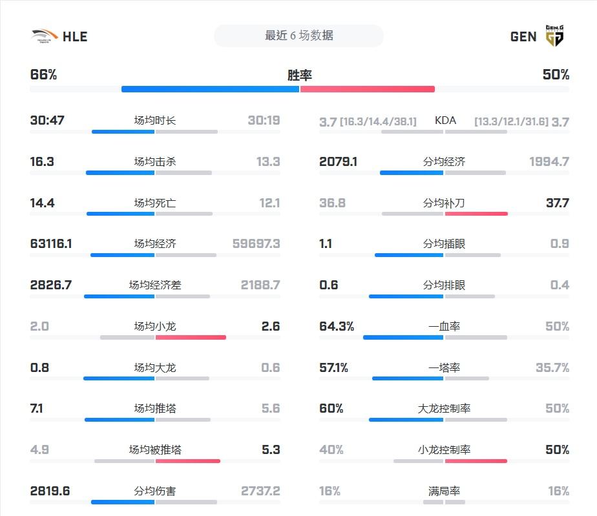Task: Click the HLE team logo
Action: click(x=44, y=36)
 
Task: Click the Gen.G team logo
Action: click(x=554, y=36)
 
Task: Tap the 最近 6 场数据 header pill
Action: click(x=298, y=36)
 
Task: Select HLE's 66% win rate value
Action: click(x=44, y=75)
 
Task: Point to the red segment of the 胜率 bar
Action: click(x=367, y=89)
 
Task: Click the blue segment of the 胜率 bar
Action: click(x=211, y=89)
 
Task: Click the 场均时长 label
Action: click(x=154, y=121)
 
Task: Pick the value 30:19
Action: click(x=264, y=121)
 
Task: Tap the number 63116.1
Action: click(x=51, y=244)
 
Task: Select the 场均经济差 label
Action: click(x=154, y=285)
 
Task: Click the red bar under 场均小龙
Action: click(x=191, y=337)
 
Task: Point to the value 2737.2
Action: click(x=260, y=491)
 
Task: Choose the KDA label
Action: click(x=445, y=121)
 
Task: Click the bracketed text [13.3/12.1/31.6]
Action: click(x=511, y=121)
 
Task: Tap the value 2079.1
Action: click(x=338, y=161)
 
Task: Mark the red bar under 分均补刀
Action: click(x=476, y=214)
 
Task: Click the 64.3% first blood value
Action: click(x=337, y=327)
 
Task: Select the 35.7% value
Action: click(x=552, y=367)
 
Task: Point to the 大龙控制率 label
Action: click(x=445, y=409)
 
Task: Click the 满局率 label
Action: click(x=445, y=491)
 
